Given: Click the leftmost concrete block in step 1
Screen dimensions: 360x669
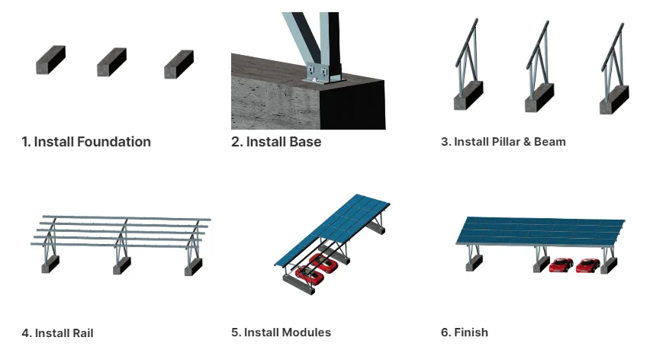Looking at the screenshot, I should point(50,61).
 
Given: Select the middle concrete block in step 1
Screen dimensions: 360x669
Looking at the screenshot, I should point(111,63).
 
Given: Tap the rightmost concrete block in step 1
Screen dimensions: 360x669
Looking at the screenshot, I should point(179,65).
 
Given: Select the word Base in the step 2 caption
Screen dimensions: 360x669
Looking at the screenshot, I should point(304,142).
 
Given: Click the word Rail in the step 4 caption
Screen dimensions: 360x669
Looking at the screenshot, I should point(82,333).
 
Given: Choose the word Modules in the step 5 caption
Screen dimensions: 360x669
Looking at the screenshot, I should point(307,333).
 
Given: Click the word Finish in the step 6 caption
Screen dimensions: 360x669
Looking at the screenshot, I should point(471,333).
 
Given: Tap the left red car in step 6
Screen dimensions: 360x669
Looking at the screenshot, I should point(561,265).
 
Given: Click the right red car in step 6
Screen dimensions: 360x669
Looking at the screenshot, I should point(587,265).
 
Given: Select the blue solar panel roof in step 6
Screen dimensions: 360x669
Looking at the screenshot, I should point(542,231).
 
